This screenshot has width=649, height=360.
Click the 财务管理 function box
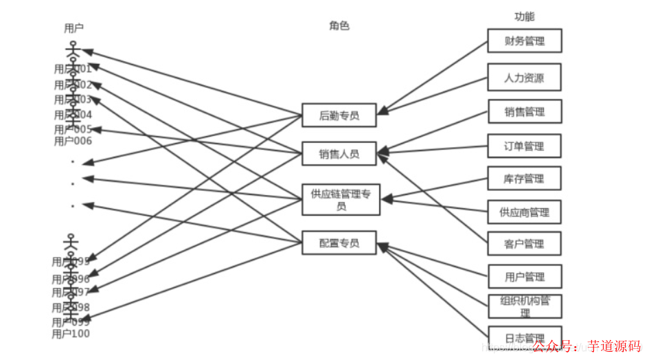tap(525, 41)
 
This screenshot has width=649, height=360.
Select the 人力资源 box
tap(525, 77)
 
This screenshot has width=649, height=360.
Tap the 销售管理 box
tap(525, 112)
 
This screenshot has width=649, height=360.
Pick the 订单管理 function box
tap(525, 146)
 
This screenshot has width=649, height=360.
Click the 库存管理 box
tap(525, 179)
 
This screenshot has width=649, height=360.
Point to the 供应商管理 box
tap(525, 212)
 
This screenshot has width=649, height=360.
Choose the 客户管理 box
tap(525, 244)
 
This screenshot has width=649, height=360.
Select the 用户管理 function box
tap(525, 276)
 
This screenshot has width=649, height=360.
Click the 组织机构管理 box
tap(525, 306)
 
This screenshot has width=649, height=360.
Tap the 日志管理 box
tap(525, 337)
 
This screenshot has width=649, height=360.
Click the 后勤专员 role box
tap(339, 115)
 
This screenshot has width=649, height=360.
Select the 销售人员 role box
tap(339, 153)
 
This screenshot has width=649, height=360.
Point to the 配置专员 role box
tap(339, 243)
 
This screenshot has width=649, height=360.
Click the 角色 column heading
tap(339, 25)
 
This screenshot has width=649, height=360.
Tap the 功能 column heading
tap(525, 16)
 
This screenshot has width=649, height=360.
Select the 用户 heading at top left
tap(73, 28)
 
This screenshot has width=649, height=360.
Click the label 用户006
tap(73, 141)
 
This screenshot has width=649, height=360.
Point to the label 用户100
tap(71, 334)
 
